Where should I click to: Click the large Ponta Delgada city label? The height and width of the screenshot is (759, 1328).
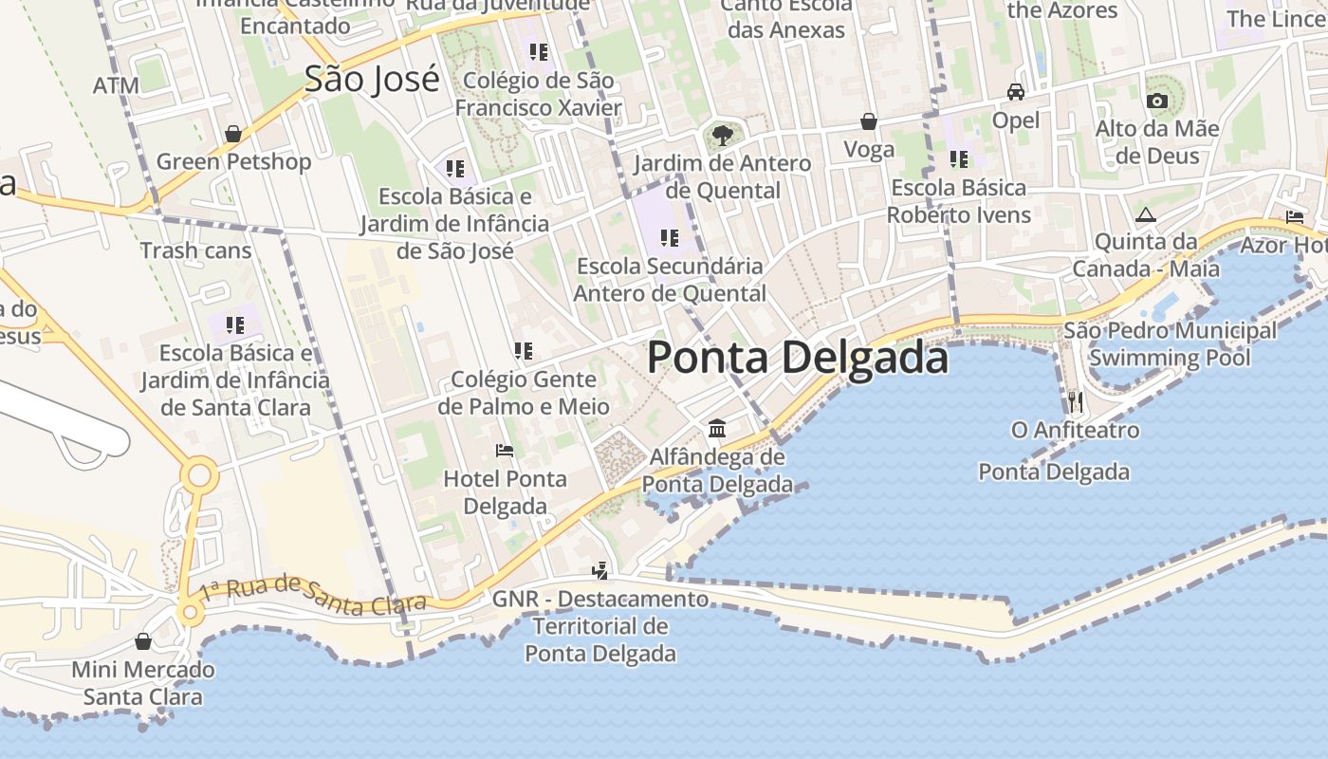click(797, 359)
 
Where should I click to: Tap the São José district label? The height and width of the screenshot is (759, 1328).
click(372, 80)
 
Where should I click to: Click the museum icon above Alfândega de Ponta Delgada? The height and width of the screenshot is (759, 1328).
click(717, 429)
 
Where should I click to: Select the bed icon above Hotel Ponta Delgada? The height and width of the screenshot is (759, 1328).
click(505, 451)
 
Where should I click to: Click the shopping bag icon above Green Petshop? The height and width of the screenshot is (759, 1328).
click(233, 134)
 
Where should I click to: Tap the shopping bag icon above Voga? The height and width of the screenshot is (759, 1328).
click(869, 121)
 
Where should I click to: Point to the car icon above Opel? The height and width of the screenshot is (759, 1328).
click(1016, 92)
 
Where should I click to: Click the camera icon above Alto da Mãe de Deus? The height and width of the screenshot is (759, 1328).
click(1156, 101)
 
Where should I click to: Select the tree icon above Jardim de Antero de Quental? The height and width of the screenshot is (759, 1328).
click(722, 135)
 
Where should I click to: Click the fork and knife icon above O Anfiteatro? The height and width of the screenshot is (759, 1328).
click(1075, 402)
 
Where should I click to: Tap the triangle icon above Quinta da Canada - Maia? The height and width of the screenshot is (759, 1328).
click(1146, 215)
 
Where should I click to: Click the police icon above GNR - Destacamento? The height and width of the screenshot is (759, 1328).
click(599, 570)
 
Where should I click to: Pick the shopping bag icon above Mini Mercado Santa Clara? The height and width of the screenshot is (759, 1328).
click(143, 642)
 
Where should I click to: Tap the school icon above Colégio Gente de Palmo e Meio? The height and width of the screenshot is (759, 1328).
click(524, 351)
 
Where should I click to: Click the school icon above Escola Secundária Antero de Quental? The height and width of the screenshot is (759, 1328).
click(670, 238)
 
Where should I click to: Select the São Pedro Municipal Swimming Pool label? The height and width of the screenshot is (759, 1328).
click(1170, 344)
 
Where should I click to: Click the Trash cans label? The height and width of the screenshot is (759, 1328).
click(196, 250)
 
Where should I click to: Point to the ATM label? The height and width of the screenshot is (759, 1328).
click(117, 85)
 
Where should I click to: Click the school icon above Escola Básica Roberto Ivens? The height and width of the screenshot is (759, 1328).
click(959, 159)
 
